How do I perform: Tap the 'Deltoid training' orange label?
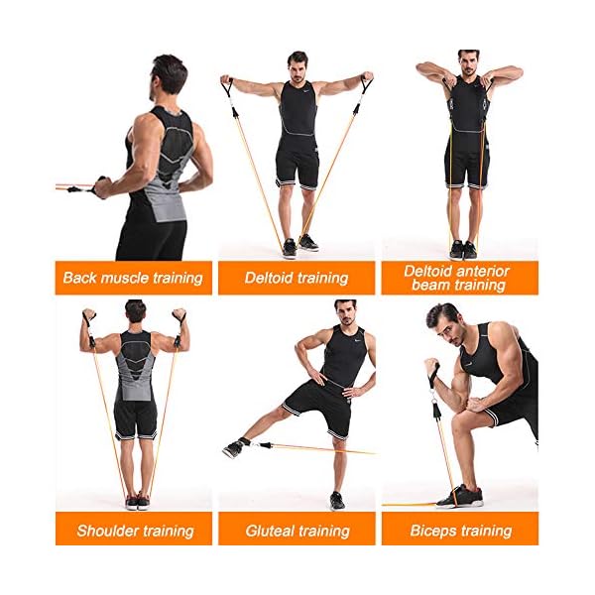pos(297,278)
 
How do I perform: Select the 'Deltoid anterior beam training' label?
pos(456,278)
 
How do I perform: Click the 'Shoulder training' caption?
pos(135,531)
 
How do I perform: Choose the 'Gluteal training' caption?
pos(297,531)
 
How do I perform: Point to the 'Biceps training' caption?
pos(460,531)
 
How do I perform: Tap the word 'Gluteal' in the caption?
pos(273,531)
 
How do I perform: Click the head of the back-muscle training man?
pos(170,74)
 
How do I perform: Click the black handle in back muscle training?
pos(100,185)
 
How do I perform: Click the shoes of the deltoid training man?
pos(298,246)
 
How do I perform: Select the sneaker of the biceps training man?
pos(461,496)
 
